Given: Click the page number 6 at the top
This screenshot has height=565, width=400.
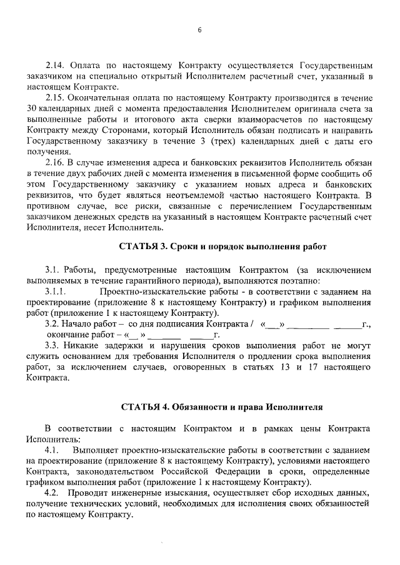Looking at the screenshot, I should [199, 29].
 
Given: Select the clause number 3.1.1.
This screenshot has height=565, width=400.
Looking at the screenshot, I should [56, 291].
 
